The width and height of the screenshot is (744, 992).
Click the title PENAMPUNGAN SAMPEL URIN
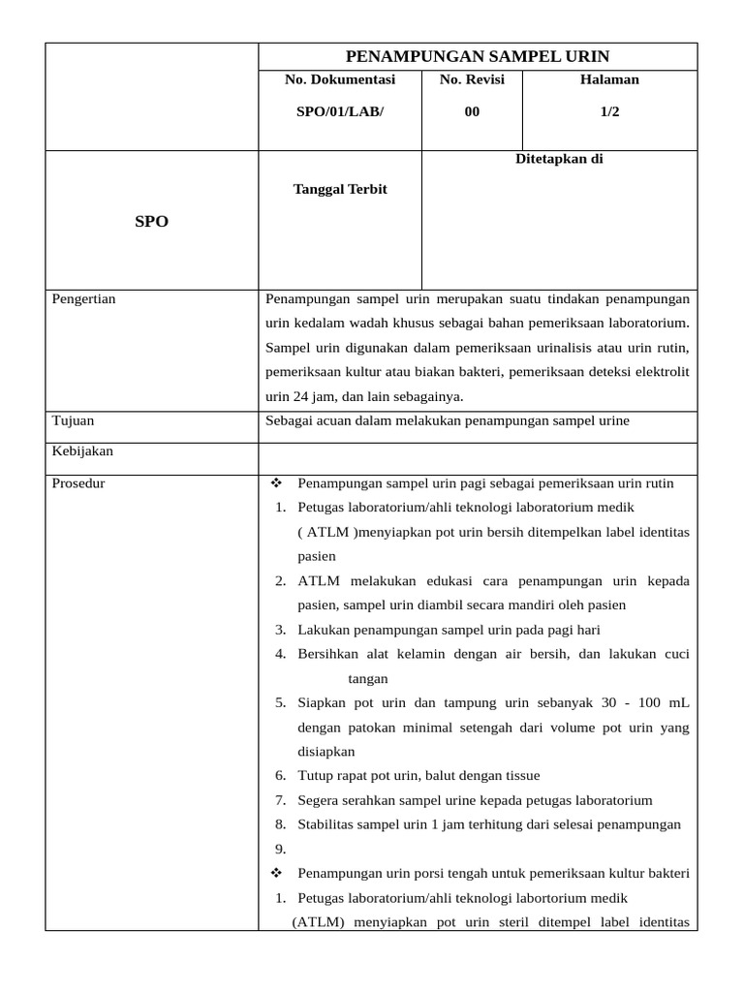(x=478, y=56)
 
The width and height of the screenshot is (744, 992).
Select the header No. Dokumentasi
(x=340, y=79)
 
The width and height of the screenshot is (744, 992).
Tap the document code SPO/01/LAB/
(x=340, y=111)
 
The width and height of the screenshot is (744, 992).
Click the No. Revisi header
(x=472, y=79)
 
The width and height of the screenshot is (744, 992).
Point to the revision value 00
(x=472, y=111)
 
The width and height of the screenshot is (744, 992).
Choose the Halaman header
(x=609, y=79)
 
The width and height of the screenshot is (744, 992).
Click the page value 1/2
(x=609, y=111)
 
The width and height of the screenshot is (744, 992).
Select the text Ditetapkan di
(x=559, y=159)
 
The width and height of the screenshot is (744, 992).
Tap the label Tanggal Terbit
(x=340, y=189)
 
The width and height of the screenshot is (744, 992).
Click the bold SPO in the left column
(x=151, y=222)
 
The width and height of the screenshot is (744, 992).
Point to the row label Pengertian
(x=83, y=298)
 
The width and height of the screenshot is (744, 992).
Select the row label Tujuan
(x=74, y=420)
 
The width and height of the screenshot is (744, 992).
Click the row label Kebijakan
(x=82, y=450)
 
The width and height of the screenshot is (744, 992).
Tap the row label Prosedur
(x=78, y=483)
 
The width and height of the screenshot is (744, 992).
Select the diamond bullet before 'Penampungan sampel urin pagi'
(x=277, y=483)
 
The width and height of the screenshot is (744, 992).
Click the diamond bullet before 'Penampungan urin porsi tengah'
(x=277, y=873)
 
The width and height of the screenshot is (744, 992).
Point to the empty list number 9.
(x=280, y=849)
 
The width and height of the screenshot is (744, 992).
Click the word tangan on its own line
(x=368, y=679)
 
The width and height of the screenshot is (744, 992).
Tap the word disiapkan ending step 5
(x=326, y=752)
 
